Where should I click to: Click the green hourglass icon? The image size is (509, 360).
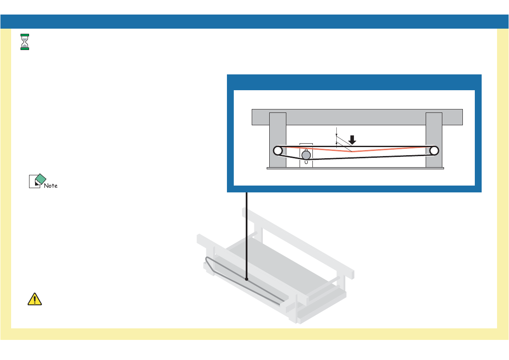[x=25, y=41]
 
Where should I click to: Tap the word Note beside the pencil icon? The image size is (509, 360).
[x=51, y=186]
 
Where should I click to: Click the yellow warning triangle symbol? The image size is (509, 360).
[x=35, y=299]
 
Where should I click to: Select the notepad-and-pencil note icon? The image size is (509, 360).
[x=37, y=181]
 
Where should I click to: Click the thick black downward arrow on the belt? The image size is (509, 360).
[x=353, y=140]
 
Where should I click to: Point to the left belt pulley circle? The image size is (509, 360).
[x=278, y=150]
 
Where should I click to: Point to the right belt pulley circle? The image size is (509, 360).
[x=434, y=150]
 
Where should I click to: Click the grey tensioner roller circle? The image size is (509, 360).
[x=306, y=155]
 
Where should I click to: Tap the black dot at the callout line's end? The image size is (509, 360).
[x=247, y=279]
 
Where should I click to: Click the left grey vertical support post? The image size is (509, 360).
[x=278, y=128]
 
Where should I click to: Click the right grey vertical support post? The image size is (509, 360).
[x=434, y=128]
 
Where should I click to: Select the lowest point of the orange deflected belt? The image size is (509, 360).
[x=352, y=152]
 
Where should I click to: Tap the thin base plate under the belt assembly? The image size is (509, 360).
[x=355, y=168]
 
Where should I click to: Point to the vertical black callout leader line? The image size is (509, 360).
[x=247, y=235]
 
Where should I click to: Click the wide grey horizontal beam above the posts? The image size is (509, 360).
[x=357, y=117]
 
